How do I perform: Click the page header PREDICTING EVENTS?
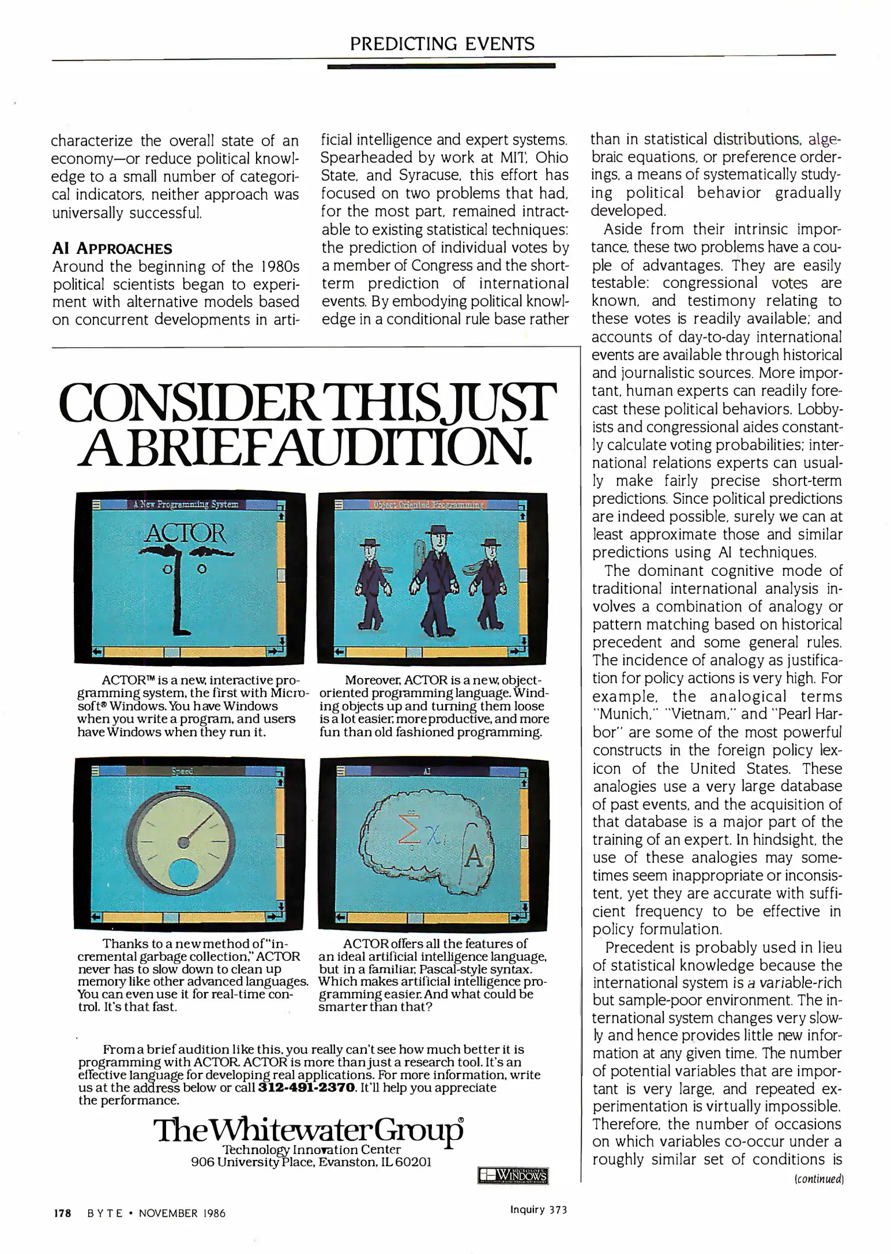[x=442, y=44]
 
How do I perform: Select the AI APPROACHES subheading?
[x=112, y=249]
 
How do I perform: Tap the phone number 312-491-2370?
[x=306, y=1087]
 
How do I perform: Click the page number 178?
[x=62, y=1213]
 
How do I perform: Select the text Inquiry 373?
[x=538, y=1210]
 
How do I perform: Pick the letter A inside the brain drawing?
[x=474, y=857]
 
